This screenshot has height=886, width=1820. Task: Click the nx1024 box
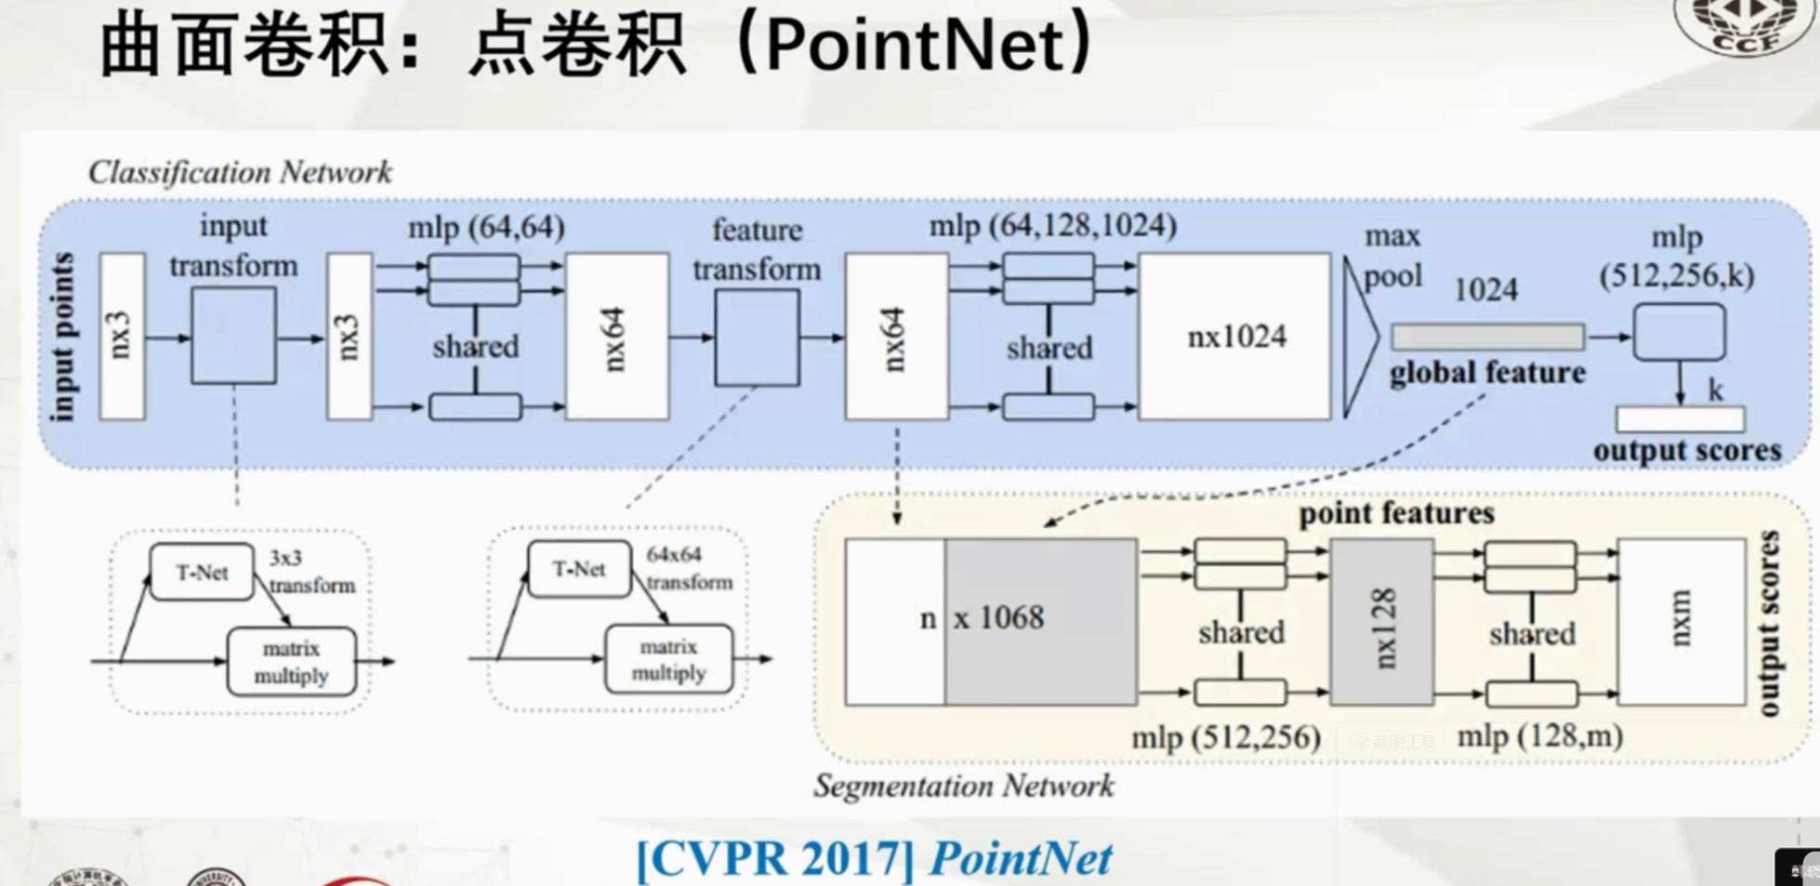[x=1234, y=337]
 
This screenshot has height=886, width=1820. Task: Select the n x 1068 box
[x=991, y=621]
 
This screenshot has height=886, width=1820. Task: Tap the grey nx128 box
[x=1381, y=622]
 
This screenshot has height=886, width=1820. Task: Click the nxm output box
[x=1681, y=621]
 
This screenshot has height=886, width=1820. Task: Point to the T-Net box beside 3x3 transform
[x=202, y=572]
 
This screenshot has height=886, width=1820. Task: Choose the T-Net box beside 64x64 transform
[x=578, y=568]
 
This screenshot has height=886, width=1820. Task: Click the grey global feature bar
[x=1487, y=337]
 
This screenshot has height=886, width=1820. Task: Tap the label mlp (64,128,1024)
[x=1052, y=225]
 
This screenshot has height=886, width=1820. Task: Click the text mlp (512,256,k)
[x=1677, y=258]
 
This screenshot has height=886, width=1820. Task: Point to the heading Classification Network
[x=240, y=172]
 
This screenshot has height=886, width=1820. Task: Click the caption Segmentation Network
[x=963, y=787]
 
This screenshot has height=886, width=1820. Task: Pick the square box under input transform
[x=233, y=336]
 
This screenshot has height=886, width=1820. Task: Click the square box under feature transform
[x=757, y=337]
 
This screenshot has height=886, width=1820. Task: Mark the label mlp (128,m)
[x=1539, y=736]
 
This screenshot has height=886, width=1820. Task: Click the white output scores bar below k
[x=1680, y=420]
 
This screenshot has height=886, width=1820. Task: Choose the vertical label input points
[x=63, y=337]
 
